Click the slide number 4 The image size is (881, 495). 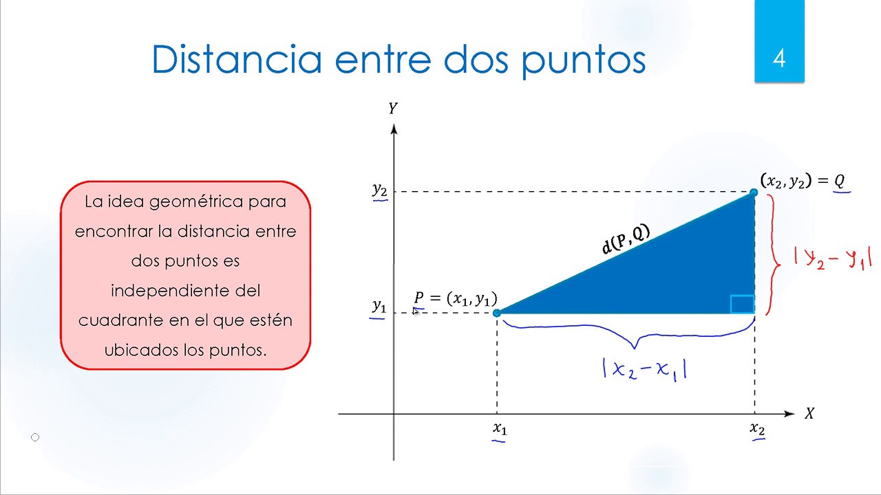point(779,58)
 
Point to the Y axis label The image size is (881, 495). point(393,109)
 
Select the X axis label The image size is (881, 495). point(809,414)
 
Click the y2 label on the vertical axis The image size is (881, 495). point(379,190)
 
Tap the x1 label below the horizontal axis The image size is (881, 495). point(500,428)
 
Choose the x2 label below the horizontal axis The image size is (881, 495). point(757,428)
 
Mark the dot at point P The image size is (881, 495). point(497,313)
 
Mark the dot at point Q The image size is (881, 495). point(754,193)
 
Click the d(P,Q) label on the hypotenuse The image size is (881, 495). point(626,239)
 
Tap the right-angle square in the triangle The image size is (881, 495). point(742,304)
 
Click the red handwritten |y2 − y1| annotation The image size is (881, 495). point(832,258)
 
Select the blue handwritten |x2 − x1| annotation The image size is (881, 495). point(644,369)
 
